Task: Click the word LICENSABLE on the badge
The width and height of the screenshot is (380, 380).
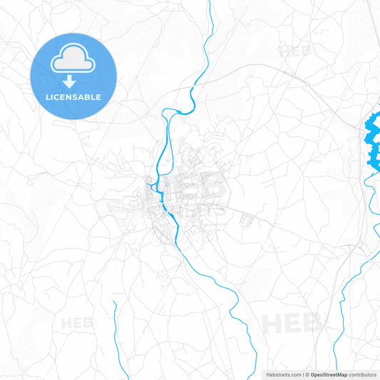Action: click(74, 97)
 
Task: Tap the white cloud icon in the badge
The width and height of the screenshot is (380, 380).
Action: click(74, 59)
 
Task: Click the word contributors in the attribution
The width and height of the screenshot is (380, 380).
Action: click(362, 374)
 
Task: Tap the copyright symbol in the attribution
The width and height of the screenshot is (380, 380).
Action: click(307, 374)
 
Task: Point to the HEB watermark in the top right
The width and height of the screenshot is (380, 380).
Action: click(295, 51)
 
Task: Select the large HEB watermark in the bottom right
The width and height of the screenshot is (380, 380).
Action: click(292, 322)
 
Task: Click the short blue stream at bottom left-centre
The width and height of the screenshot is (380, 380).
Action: click(115, 328)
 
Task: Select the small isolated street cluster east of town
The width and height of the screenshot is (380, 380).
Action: click(247, 220)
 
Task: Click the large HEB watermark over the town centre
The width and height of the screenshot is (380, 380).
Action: click(203, 189)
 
